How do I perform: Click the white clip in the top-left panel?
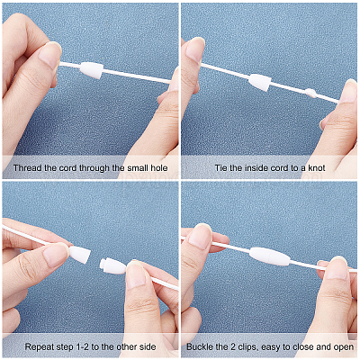[92, 70]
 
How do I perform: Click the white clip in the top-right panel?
[260, 82]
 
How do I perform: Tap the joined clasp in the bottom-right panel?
[270, 256]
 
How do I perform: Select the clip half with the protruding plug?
[112, 265]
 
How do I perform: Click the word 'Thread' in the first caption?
[28, 167]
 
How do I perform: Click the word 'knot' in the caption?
[316, 167]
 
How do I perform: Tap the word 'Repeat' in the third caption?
[39, 347]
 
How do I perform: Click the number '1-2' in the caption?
[82, 347]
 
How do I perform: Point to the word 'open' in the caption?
[343, 347]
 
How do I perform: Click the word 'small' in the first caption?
[137, 167]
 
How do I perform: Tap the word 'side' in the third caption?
[148, 347]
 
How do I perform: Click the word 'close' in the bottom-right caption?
[303, 347]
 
